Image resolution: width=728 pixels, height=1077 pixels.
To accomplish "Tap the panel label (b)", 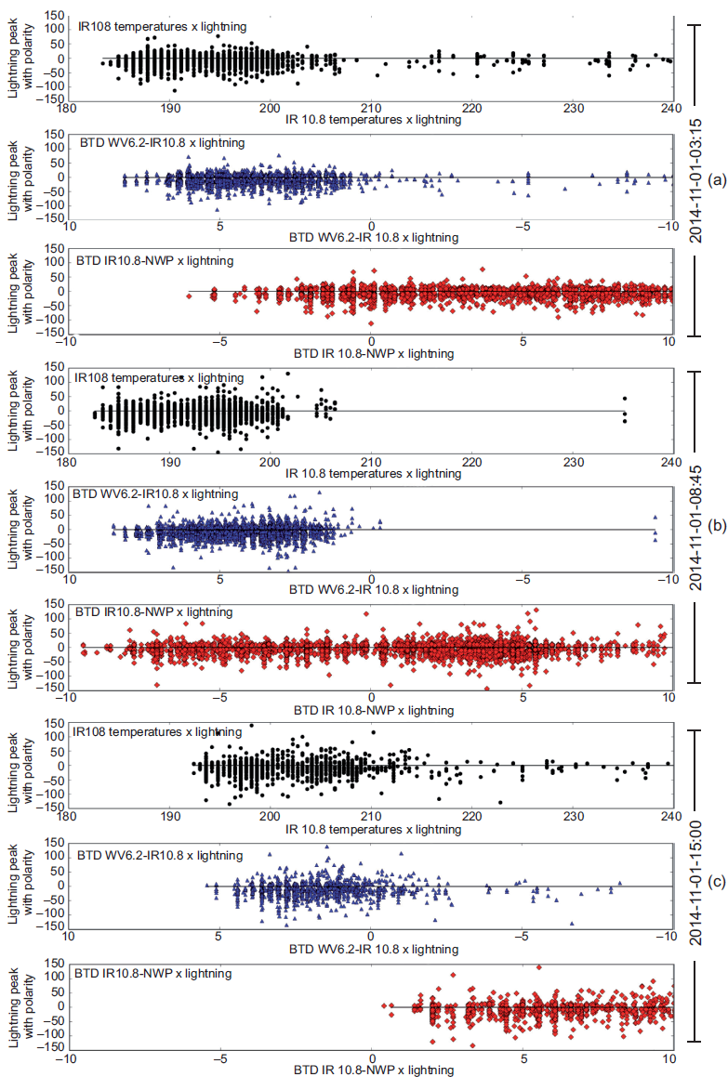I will [x=717, y=525].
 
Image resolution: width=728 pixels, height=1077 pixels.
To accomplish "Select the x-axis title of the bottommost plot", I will [x=374, y=1070].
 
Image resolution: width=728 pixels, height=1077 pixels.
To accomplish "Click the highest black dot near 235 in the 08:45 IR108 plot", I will [x=625, y=400].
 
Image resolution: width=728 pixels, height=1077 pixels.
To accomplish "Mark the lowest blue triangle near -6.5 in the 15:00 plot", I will [x=572, y=924].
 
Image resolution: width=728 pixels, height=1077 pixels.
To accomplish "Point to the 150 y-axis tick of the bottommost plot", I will [x=53, y=963].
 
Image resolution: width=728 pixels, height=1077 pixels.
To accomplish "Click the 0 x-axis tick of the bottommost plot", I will [x=372, y=1057].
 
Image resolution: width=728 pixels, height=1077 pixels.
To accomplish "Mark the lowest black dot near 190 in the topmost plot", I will [x=175, y=90].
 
